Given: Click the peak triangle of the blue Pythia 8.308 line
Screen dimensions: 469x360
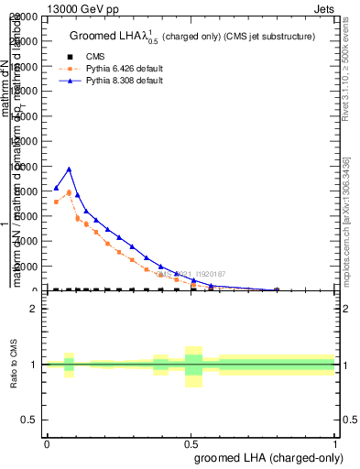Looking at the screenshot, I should (x=69, y=169).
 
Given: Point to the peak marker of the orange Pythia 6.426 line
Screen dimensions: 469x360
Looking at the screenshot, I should (x=69, y=192).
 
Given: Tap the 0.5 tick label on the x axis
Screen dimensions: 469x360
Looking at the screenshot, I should (x=191, y=443).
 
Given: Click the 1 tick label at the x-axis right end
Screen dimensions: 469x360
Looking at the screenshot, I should (x=335, y=443).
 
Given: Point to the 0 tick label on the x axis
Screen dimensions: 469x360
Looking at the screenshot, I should (x=47, y=443).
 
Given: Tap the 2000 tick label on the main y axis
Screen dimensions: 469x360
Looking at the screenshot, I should (x=27, y=267).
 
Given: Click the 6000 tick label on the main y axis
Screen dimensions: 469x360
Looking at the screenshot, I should (x=27, y=216).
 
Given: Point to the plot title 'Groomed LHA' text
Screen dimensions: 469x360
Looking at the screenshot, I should (x=101, y=37).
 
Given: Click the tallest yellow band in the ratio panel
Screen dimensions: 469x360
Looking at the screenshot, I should (x=193, y=366).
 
